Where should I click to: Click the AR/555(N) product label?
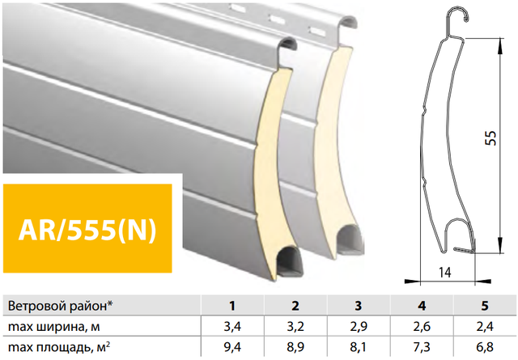tap(87, 230)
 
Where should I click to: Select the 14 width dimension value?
tap(445, 272)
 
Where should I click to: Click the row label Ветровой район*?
tap(60, 306)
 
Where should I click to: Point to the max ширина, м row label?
tap(53, 327)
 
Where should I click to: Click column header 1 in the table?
tap(232, 306)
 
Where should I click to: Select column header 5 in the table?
tap(485, 306)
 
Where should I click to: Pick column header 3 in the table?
tap(359, 306)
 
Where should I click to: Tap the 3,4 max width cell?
tap(232, 327)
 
